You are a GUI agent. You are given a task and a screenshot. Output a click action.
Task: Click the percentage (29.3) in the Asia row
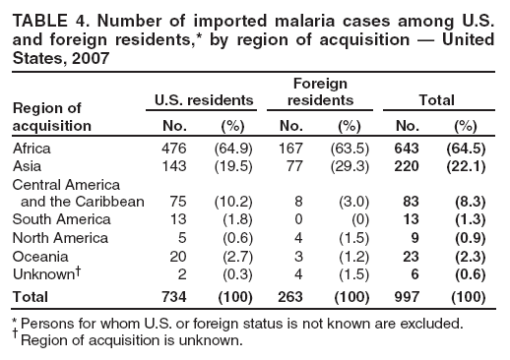pyautogui.click(x=350, y=165)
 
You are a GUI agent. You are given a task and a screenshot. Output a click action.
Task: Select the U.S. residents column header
pyautogui.click(x=205, y=99)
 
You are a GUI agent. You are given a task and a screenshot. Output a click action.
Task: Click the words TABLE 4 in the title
pyautogui.click(x=43, y=15)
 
